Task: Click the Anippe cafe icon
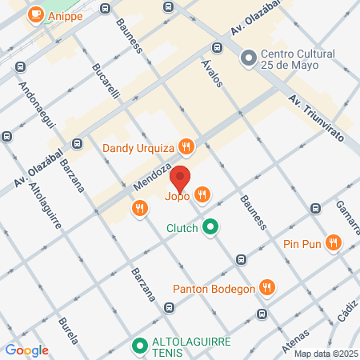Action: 35,14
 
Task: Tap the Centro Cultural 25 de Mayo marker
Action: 248,58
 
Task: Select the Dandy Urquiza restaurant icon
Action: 186,146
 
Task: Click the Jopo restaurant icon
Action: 202,193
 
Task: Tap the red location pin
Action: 181,179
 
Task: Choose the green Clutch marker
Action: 210,228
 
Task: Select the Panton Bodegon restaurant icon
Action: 268,288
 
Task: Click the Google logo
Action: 26,350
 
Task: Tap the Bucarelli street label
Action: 106,81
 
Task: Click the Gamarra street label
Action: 346,214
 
